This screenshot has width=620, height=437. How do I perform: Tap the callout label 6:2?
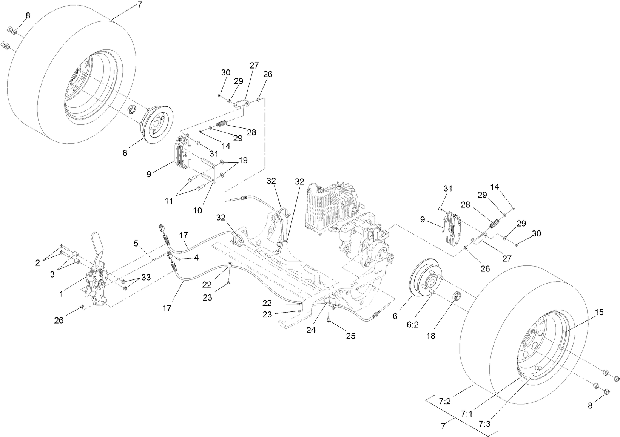[x=413, y=324]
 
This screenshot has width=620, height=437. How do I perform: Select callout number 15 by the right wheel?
[x=600, y=312]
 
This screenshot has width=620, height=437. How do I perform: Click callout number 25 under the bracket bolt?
[x=351, y=336]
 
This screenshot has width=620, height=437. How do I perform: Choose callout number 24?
[x=311, y=330]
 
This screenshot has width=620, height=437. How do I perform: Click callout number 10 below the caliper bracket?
[x=198, y=210]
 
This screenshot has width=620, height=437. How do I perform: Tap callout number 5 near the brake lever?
[x=136, y=243]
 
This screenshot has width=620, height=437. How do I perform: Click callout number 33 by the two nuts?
[x=146, y=278]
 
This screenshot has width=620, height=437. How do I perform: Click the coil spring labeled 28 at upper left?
[x=222, y=124]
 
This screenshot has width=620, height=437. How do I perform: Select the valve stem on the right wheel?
[x=539, y=367]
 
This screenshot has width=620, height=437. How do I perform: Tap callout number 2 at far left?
[x=37, y=263]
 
